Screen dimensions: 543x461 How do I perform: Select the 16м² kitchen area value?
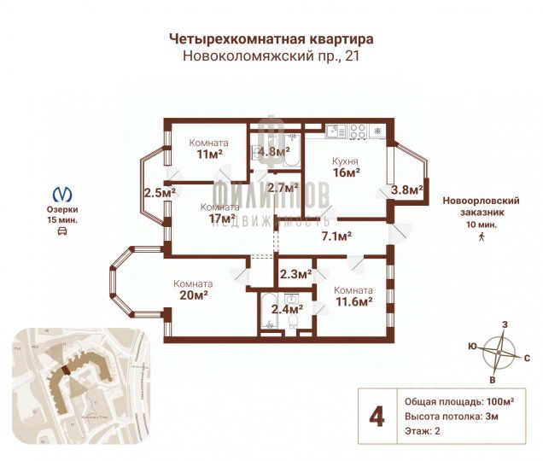(x=345, y=172)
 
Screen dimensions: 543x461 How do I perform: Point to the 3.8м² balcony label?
(x=407, y=190)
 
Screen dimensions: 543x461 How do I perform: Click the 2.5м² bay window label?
(x=159, y=193)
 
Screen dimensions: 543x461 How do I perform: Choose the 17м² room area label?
(x=221, y=219)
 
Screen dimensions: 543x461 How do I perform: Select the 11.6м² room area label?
(x=353, y=301)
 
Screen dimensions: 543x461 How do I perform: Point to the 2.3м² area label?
(x=296, y=274)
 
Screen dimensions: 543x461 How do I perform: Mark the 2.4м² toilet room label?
(x=286, y=310)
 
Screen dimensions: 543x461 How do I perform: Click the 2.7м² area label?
(x=282, y=188)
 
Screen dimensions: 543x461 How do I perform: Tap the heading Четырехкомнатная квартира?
(x=271, y=39)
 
